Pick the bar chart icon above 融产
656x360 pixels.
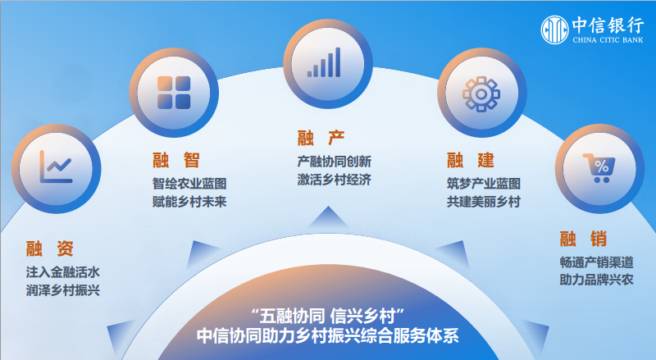coord(325,62)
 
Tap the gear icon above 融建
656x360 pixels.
coord(478,93)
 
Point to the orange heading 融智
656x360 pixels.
coord(175,159)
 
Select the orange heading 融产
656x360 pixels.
coord(321,137)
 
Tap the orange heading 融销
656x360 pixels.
coord(583,239)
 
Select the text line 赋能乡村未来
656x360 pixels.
coord(189,201)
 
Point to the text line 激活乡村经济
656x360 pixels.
coord(334,180)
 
